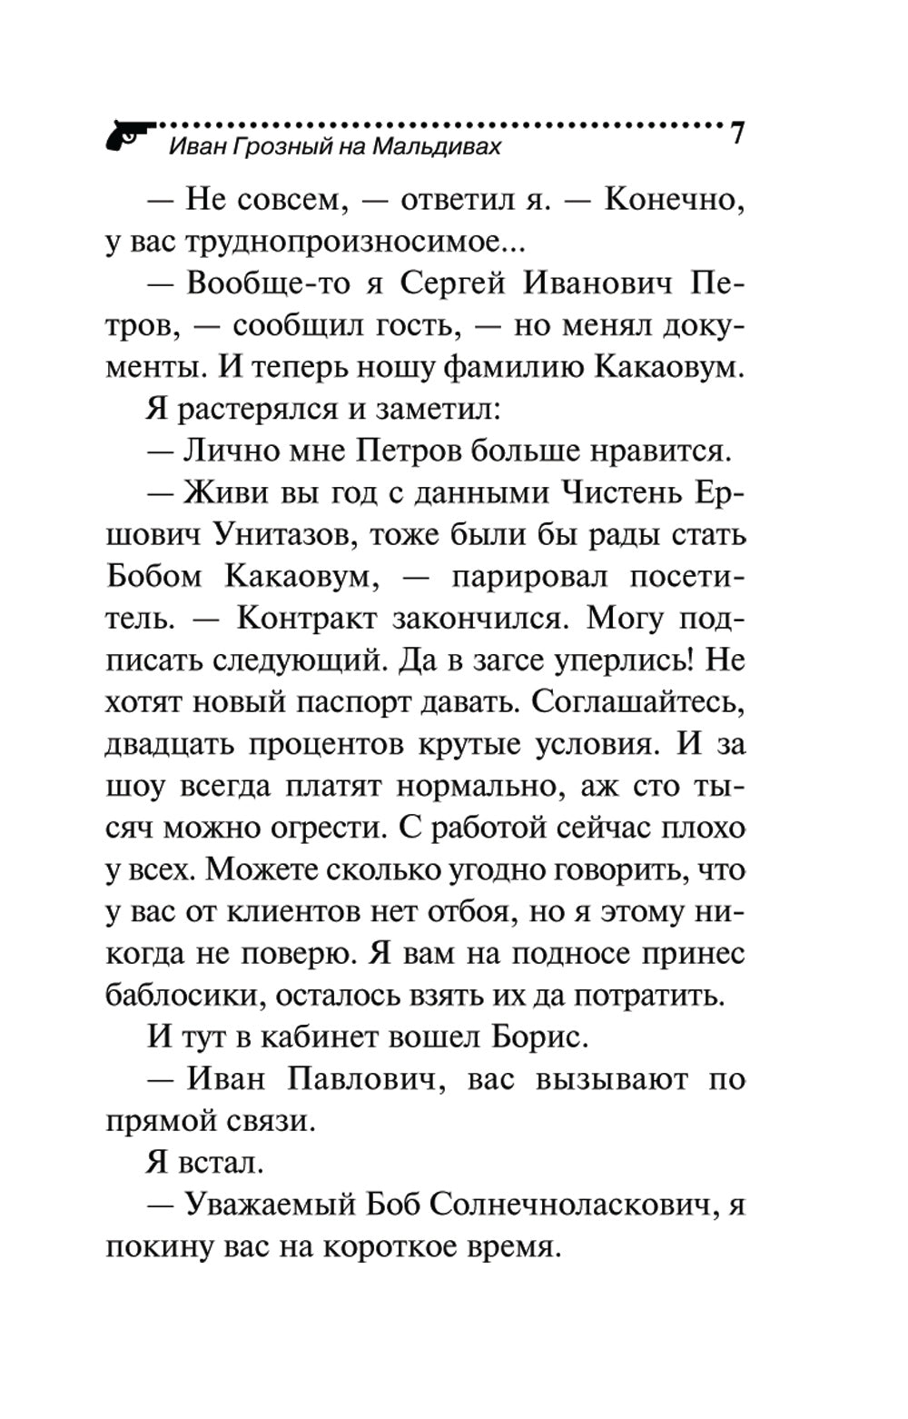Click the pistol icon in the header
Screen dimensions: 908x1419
[x=130, y=134]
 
